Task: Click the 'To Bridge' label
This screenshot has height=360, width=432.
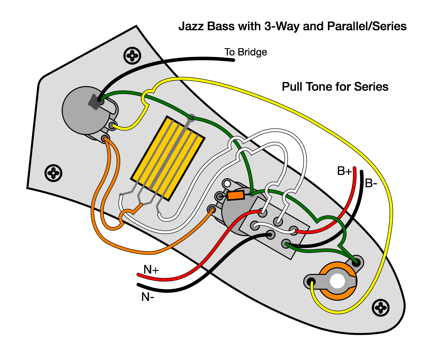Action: point(246,52)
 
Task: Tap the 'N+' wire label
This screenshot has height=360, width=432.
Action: point(151,270)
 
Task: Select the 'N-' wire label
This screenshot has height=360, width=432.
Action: point(148,297)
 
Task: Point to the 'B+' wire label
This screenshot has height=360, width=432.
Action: point(345,171)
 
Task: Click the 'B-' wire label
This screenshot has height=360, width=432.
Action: point(371,183)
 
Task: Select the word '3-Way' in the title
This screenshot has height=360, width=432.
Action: point(282,26)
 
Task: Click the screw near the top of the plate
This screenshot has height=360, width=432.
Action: point(132,55)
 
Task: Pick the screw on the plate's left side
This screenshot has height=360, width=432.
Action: point(53,173)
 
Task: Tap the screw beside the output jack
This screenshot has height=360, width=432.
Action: point(381,308)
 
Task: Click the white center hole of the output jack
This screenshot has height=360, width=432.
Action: point(337,281)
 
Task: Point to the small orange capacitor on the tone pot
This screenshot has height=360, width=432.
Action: point(235,195)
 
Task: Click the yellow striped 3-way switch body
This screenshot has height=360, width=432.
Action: point(168,158)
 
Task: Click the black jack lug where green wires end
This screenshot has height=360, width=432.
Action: point(356,263)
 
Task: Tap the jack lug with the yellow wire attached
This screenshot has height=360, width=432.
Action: point(311,282)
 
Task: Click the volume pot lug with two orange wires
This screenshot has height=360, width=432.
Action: point(105,138)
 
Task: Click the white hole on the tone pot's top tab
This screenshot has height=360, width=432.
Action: point(227,184)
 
